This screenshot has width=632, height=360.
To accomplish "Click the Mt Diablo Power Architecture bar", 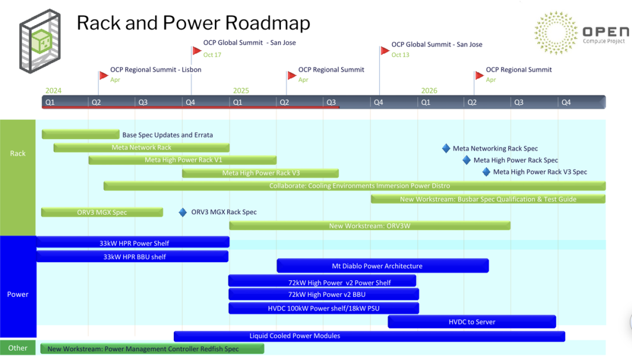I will point(382,266).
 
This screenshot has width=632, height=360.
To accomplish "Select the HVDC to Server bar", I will point(472,321).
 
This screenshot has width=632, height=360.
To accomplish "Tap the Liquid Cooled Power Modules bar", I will point(369,336).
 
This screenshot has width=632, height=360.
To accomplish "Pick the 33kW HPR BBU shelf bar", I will point(132,256).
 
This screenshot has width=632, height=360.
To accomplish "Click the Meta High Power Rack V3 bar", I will point(260,173).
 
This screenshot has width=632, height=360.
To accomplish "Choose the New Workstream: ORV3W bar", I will point(370,226).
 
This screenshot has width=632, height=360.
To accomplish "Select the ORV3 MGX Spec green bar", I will point(102,212).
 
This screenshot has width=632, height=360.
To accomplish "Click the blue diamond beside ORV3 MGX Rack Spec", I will point(183,212).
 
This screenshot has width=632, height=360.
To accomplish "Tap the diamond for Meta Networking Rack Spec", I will point(446,148).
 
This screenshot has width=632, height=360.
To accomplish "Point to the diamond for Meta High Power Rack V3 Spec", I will point(486,172).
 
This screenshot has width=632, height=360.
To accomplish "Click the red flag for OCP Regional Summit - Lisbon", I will point(104,75).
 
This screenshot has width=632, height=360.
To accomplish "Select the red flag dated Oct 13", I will point(384,50).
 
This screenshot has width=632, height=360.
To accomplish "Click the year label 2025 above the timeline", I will point(241,91).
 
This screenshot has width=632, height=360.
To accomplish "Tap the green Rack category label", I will point(18,153).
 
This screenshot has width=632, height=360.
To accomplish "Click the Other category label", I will point(18,348).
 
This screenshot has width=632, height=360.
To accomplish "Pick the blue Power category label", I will point(18,294).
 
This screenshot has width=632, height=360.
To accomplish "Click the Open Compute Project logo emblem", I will point(555,33).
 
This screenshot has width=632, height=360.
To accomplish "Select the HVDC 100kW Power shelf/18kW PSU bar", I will point(324,308).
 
